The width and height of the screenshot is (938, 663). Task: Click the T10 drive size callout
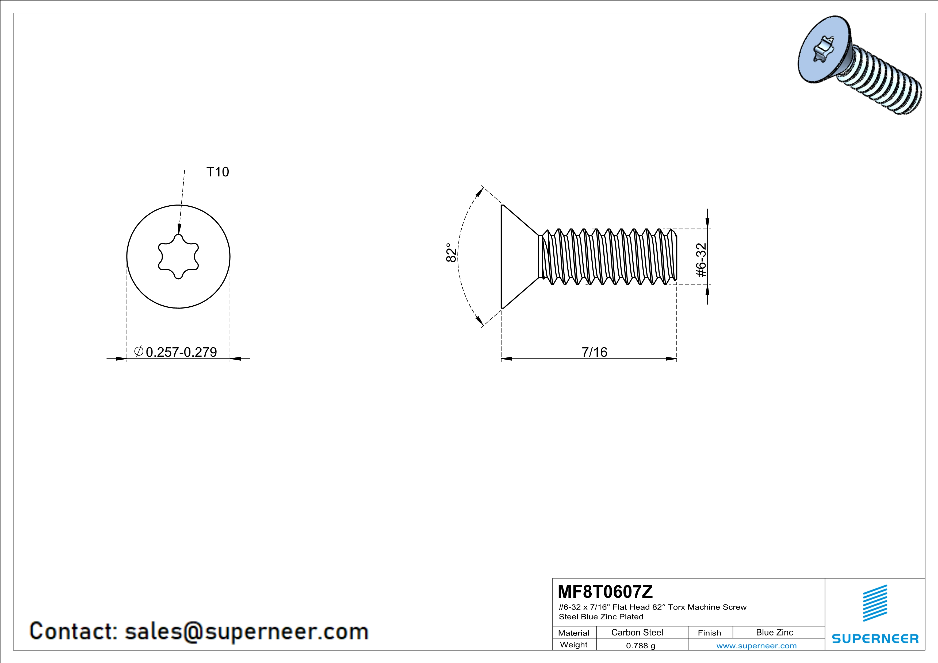click(x=218, y=172)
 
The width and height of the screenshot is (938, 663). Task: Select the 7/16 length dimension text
click(x=594, y=352)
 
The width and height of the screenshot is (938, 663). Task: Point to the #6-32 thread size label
click(x=701, y=260)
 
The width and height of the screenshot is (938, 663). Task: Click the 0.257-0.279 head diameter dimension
click(x=181, y=352)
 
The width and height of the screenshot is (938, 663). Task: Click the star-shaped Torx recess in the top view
click(x=178, y=256)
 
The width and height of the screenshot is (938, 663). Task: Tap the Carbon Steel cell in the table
click(x=637, y=632)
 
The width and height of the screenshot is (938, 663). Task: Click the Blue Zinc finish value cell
click(x=775, y=632)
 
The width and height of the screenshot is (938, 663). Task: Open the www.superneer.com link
click(x=757, y=645)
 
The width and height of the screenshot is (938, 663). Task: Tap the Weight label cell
click(x=574, y=645)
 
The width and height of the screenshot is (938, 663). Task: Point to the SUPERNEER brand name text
click(x=875, y=638)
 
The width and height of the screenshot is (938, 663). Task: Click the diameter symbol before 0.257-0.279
click(x=139, y=351)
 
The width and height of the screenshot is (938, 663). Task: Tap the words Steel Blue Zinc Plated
click(x=601, y=616)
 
